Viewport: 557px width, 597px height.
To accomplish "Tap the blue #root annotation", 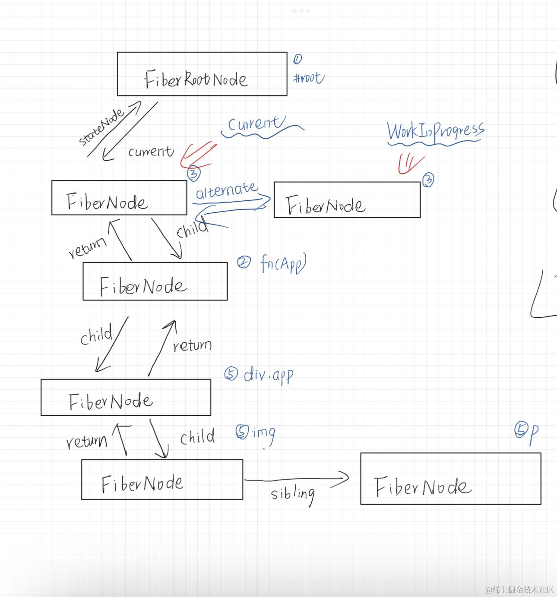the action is [309, 78].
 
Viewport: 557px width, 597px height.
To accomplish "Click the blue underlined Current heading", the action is [256, 123].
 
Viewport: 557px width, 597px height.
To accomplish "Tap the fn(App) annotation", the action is [283, 263].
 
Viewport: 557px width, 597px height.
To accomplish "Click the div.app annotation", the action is [268, 375].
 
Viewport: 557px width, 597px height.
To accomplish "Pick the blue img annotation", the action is [263, 434].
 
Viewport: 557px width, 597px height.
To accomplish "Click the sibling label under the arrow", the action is [292, 494].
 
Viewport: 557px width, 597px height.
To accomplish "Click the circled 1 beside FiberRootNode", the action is [297, 59].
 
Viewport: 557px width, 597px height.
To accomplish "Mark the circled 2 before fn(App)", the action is [244, 262].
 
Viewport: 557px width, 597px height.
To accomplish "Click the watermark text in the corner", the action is [519, 590].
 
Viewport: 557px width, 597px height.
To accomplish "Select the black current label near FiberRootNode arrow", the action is [151, 151].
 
